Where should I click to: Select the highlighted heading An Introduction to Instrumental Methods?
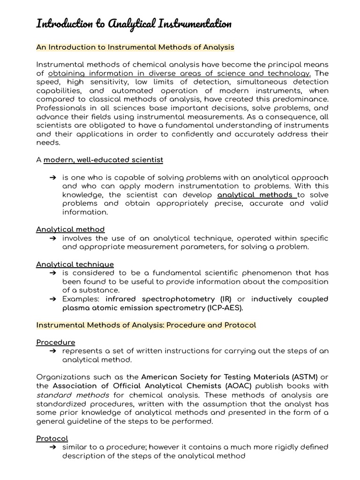[x=135, y=47]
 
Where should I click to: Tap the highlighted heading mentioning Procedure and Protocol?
[x=146, y=325]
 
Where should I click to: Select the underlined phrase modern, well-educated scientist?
[x=103, y=160]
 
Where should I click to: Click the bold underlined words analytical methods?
[x=257, y=195]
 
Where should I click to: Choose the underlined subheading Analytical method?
[x=70, y=229]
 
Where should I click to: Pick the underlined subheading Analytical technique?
[x=75, y=264]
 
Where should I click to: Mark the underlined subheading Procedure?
[x=55, y=342]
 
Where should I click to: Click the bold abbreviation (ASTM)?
[x=305, y=377]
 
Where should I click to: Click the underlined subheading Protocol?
[x=52, y=438]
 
